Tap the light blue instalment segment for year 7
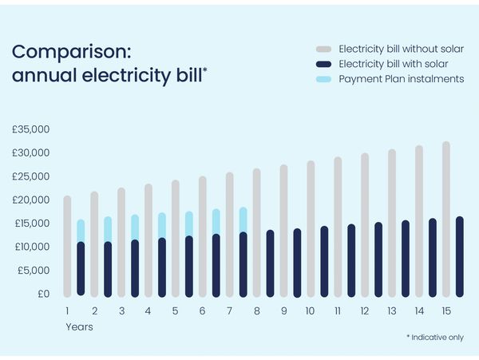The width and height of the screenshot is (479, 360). point(243,220)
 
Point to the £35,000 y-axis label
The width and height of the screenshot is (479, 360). point(31,129)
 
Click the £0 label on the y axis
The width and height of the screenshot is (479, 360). point(43,294)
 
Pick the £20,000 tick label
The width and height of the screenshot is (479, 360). point(31,200)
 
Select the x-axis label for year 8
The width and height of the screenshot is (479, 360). point(256,311)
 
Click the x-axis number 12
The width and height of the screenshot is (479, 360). point(364,311)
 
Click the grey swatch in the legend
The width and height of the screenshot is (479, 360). point(323,48)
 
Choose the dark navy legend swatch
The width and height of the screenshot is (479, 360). point(323,64)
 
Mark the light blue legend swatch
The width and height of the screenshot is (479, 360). point(323,79)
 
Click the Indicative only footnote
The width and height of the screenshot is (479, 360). point(434,338)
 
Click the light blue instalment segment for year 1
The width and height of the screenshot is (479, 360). point(81,230)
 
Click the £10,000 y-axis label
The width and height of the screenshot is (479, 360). point(31,247)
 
